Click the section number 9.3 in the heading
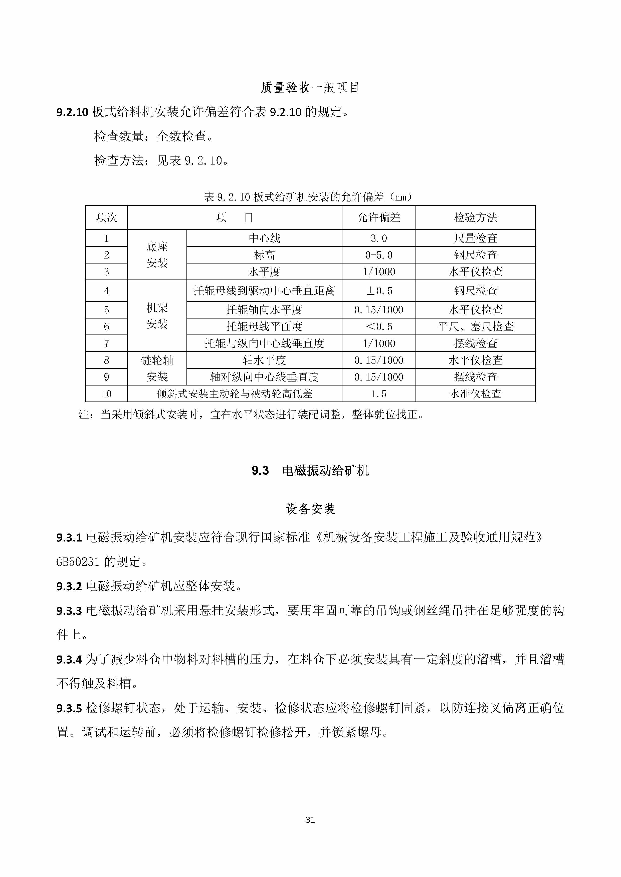pyautogui.click(x=260, y=470)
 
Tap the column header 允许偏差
pyautogui.click(x=378, y=218)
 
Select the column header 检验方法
pyautogui.click(x=475, y=218)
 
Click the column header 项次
pyautogui.click(x=106, y=218)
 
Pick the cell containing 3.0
pyautogui.click(x=378, y=238)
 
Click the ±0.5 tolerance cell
pyautogui.click(x=378, y=291)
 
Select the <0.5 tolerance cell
pyautogui.click(x=378, y=326)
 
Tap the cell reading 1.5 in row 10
pyautogui.click(x=378, y=394)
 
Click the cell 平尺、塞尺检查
pyautogui.click(x=475, y=326)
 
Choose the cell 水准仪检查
pyautogui.click(x=475, y=394)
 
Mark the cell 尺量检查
pyautogui.click(x=475, y=238)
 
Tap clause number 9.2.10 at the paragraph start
pyautogui.click(x=72, y=112)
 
